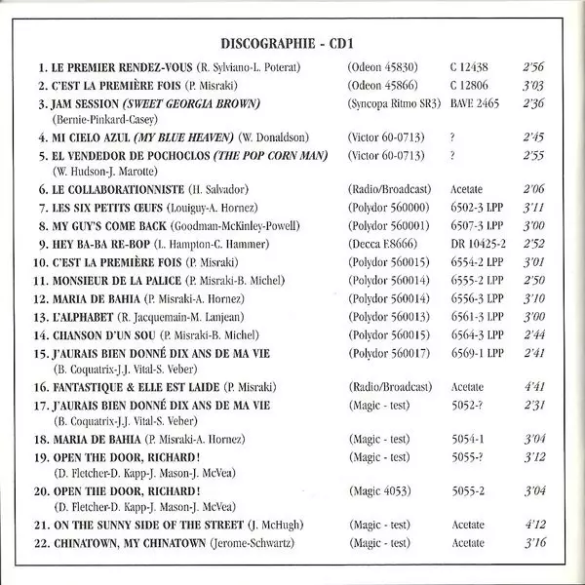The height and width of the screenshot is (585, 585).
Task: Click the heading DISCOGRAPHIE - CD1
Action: point(292,43)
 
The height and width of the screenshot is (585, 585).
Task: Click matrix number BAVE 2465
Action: point(477,103)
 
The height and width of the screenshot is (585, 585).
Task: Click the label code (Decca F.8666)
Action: point(376,243)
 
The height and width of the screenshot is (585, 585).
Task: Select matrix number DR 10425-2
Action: point(479,243)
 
